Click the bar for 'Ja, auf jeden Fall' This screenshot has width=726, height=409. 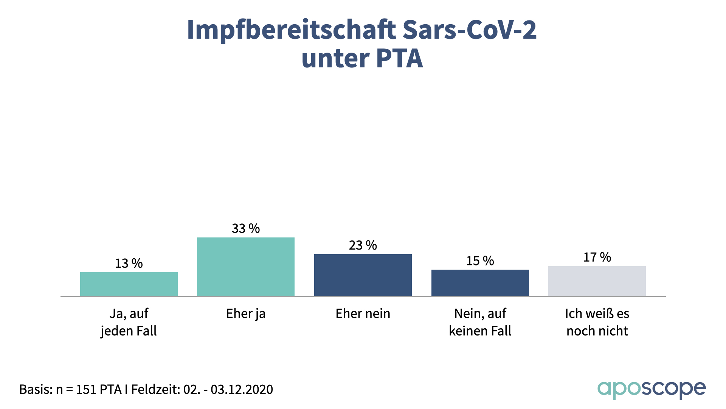coord(129,284)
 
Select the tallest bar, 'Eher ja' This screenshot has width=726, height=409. coord(246,267)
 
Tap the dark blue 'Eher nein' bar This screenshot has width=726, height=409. coord(363,275)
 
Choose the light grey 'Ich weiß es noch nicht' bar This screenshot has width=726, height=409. coord(597,281)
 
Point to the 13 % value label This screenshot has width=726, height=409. coord(129,263)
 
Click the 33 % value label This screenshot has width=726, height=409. coord(246,228)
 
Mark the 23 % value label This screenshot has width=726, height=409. coord(363,245)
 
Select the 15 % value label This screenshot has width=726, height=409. coord(480,261)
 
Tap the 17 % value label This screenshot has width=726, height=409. coord(597,257)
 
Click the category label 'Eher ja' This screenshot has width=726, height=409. coord(246,314)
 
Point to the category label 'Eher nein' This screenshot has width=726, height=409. coord(363,314)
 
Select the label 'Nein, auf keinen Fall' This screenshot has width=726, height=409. coord(480,322)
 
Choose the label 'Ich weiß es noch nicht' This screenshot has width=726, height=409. coord(597,322)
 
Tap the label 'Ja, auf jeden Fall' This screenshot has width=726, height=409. coord(129,322)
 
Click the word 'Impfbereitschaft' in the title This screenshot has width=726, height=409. coord(291,30)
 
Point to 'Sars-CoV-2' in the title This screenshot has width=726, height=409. coord(469,30)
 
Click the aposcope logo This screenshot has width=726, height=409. coord(651,389)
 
